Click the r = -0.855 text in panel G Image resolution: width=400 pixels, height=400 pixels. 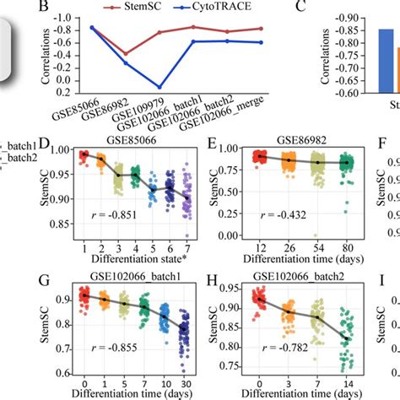click(111, 360)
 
